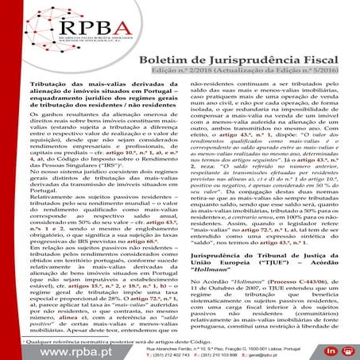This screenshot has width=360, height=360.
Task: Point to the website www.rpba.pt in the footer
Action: click(x=58, y=347)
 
